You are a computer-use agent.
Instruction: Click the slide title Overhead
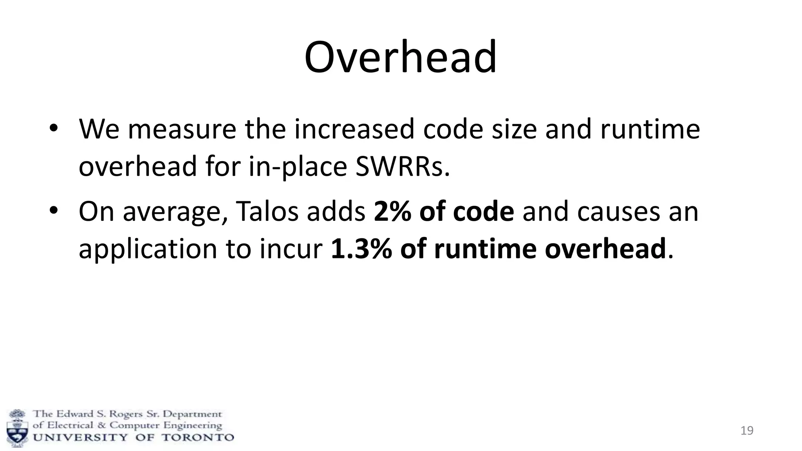click(400, 57)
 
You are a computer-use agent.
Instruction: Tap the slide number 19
click(747, 431)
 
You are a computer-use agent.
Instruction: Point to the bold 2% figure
click(392, 211)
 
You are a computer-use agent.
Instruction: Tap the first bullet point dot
click(54, 129)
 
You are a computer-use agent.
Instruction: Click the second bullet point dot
click(54, 211)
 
